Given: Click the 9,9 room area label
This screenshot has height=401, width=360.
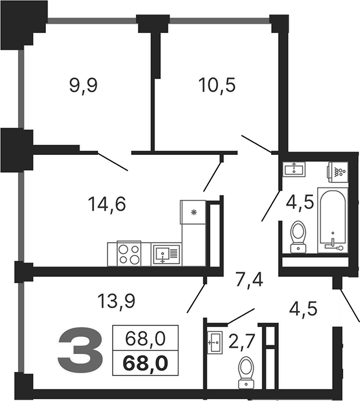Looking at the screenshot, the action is pyautogui.click(x=84, y=86).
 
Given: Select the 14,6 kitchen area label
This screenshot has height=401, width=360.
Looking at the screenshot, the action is pyautogui.click(x=107, y=205).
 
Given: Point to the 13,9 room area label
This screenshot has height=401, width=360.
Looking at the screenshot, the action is pyautogui.click(x=116, y=301).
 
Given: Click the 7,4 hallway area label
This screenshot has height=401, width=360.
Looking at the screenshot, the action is pyautogui.click(x=249, y=280).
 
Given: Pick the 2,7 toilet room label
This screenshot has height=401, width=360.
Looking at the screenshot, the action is pyautogui.click(x=242, y=342).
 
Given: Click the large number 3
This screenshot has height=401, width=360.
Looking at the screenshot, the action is pyautogui.click(x=80, y=351).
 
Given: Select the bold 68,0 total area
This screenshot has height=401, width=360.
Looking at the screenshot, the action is pyautogui.click(x=145, y=363).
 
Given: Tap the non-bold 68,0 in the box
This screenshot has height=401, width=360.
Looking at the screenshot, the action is pyautogui.click(x=145, y=338).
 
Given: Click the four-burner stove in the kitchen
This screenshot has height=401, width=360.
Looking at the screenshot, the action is pyautogui.click(x=129, y=253).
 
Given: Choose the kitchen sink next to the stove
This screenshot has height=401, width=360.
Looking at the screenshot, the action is pyautogui.click(x=166, y=254).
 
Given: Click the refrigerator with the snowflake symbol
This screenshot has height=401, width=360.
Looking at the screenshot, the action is pyautogui.click(x=193, y=212).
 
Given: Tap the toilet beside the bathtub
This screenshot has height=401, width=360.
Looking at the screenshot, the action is pyautogui.click(x=298, y=237).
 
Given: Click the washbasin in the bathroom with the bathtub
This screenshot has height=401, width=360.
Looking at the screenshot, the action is pyautogui.click(x=294, y=169).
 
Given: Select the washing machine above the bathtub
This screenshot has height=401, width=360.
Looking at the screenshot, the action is pyautogui.click(x=338, y=172).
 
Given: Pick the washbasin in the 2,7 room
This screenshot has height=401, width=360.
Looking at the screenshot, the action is pyautogui.click(x=214, y=342).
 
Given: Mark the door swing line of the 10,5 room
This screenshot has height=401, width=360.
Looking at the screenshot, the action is pyautogui.click(x=257, y=144).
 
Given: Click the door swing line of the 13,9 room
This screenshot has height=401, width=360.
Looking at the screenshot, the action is pyautogui.click(x=196, y=298).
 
